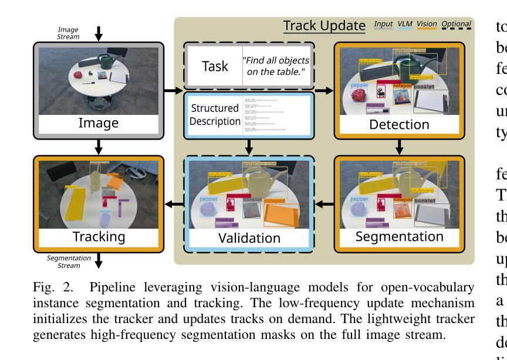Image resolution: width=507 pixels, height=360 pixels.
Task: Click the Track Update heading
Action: (x=325, y=26)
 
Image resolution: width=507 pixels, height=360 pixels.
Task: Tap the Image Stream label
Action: (x=68, y=33)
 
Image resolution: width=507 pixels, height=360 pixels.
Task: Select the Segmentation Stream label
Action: (x=69, y=261)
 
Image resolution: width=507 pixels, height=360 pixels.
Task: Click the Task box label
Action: (x=215, y=66)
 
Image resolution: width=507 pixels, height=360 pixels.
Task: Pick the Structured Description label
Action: (x=215, y=115)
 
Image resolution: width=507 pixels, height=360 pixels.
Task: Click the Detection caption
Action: (x=399, y=124)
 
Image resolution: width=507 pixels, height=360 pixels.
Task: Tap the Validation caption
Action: (x=250, y=237)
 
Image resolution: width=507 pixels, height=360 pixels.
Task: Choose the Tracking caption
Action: (x=99, y=237)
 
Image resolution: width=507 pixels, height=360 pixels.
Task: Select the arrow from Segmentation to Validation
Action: (x=325, y=204)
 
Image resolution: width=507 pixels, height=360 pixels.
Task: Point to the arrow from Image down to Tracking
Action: (x=99, y=145)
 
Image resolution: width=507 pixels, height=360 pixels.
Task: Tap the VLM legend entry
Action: (x=405, y=25)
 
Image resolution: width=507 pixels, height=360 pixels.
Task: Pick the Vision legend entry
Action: (x=427, y=25)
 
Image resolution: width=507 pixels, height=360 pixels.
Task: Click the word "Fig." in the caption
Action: (x=42, y=288)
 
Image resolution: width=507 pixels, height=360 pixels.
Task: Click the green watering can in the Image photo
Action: (x=109, y=62)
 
